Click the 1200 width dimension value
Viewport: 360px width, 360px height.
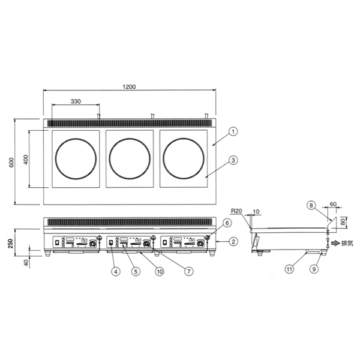click(x=129, y=87)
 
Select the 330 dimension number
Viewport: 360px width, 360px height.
click(x=76, y=101)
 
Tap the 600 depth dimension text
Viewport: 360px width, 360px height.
click(x=11, y=163)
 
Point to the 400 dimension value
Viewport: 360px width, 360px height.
click(x=26, y=160)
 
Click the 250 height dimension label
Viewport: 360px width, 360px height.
click(x=10, y=244)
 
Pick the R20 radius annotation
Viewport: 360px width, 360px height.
click(x=236, y=211)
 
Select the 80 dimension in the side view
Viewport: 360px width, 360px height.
click(x=343, y=222)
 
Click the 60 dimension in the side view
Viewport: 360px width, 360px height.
click(x=333, y=204)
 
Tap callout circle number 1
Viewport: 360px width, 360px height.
click(x=233, y=131)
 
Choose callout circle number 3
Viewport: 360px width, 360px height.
click(x=233, y=160)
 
